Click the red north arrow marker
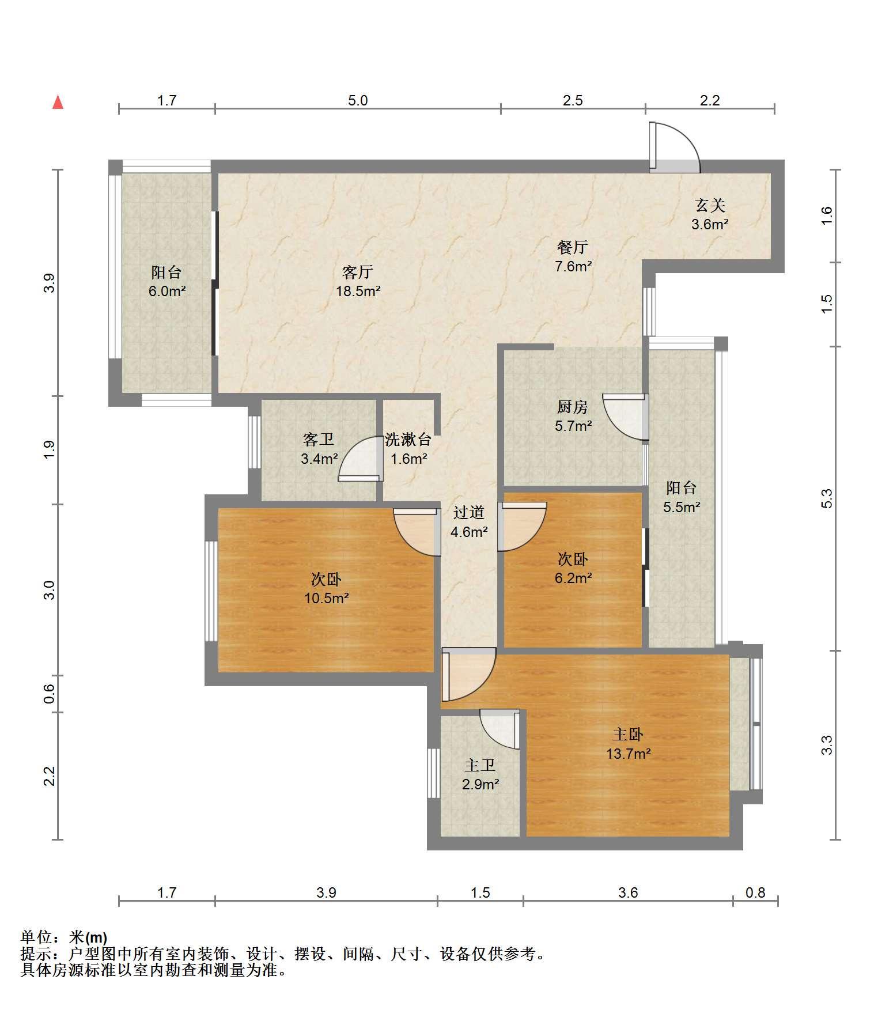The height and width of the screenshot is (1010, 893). click(58, 102)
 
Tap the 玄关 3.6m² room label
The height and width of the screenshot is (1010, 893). click(710, 214)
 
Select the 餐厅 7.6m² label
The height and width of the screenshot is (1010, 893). click(573, 256)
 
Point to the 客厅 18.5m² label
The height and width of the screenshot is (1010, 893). click(358, 281)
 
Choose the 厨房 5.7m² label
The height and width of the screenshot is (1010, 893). click(573, 416)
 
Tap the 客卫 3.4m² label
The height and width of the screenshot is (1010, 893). click(319, 449)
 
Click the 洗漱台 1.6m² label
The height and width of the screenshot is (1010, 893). click(408, 449)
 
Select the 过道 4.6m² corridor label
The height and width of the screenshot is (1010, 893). click(469, 522)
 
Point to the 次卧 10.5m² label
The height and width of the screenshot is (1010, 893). click(327, 588)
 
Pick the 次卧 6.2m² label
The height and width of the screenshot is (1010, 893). click(573, 568)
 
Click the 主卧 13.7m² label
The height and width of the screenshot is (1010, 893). click(628, 744)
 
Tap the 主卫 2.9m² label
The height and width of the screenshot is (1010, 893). click(480, 774)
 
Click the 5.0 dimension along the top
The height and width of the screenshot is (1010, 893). click(357, 100)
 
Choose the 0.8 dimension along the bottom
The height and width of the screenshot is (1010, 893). click(755, 892)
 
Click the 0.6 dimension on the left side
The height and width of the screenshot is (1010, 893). click(50, 693)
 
